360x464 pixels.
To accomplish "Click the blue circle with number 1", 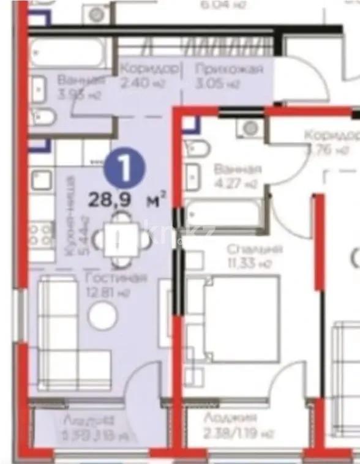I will click(125, 167).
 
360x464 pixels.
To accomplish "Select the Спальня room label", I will click(254, 249).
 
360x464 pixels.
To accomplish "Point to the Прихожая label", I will click(229, 69).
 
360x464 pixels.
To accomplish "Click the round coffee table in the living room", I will click(102, 316).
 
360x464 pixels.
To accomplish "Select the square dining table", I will click(123, 238).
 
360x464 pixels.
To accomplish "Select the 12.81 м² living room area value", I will click(111, 292).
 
